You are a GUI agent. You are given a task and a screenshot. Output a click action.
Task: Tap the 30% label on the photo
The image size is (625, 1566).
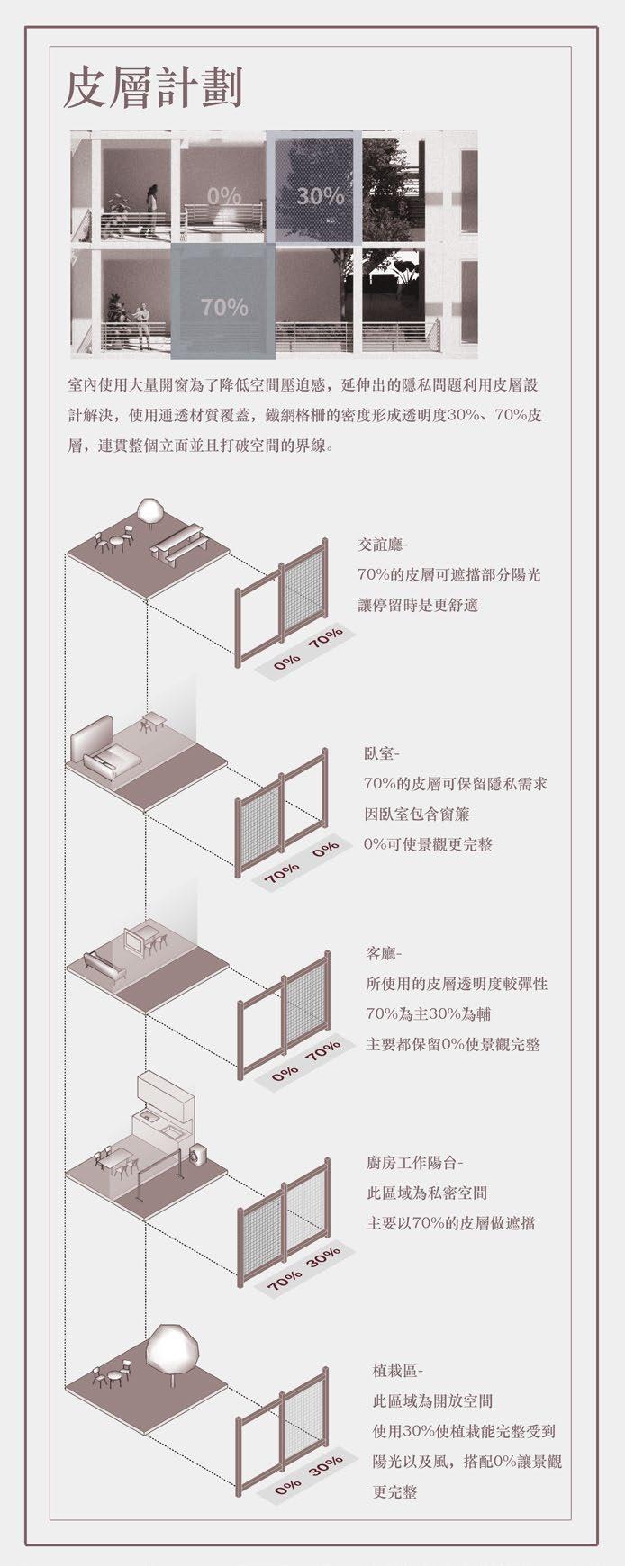pyautogui.click(x=320, y=195)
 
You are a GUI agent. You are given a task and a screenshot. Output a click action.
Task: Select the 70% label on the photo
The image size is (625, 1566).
pyautogui.click(x=224, y=307)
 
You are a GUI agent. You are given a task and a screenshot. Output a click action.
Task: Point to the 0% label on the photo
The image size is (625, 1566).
pyautogui.click(x=224, y=195)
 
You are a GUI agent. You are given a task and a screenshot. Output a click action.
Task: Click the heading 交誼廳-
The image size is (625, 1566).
pyautogui.click(x=383, y=544)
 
